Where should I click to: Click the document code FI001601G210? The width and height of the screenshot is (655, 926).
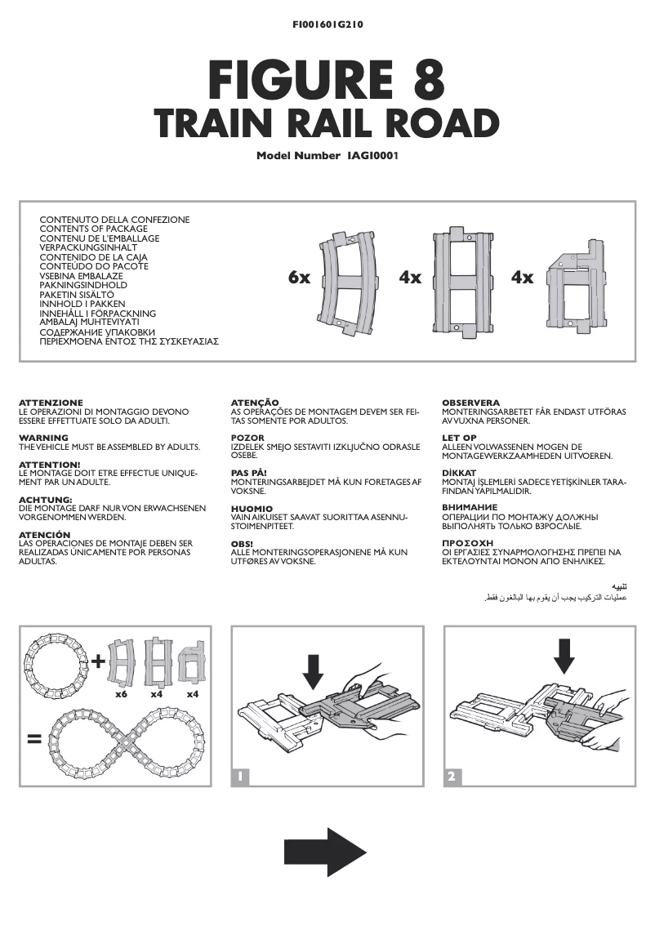click(x=327, y=25)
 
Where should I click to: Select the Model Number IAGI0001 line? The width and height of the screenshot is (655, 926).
click(x=327, y=155)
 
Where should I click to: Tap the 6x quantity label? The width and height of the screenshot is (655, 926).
click(x=299, y=278)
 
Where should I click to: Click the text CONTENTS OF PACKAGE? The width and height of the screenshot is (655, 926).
click(x=94, y=229)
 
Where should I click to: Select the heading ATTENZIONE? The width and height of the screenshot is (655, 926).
click(x=51, y=403)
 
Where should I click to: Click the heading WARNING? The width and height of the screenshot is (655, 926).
click(x=43, y=439)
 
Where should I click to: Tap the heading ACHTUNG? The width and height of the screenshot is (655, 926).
click(x=46, y=499)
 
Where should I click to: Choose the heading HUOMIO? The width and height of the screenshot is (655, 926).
click(x=252, y=509)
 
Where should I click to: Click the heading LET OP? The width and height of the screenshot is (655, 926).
click(x=459, y=439)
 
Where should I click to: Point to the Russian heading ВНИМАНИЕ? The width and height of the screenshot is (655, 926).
click(x=470, y=508)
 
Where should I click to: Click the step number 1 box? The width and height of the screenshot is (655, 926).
click(x=241, y=777)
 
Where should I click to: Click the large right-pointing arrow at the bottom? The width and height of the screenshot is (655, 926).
click(x=324, y=852)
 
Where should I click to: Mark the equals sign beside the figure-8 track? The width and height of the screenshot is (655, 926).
click(x=34, y=740)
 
